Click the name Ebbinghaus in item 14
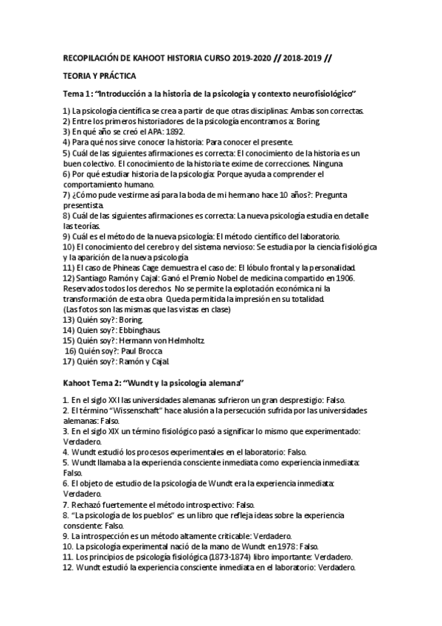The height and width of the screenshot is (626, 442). click(x=138, y=330)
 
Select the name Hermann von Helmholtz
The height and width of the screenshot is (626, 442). click(x=160, y=340)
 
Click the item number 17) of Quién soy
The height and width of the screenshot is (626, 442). click(x=71, y=362)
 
